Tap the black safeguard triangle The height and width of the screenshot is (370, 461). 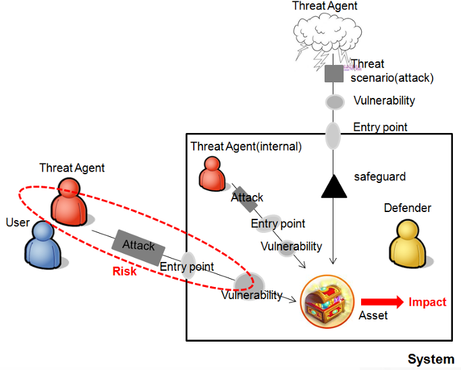click(x=333, y=187)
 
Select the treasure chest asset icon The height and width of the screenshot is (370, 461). click(x=327, y=302)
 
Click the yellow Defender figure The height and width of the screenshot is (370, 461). click(x=408, y=244)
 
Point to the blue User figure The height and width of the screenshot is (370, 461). click(x=43, y=245)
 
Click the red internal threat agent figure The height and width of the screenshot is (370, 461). click(x=212, y=174)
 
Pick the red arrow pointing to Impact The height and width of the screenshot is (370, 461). click(x=382, y=302)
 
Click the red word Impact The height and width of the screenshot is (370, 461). click(x=427, y=302)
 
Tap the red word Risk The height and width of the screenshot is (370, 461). click(x=125, y=271)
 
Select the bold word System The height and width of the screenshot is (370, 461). click(x=431, y=359)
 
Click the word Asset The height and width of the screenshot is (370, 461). click(x=373, y=315)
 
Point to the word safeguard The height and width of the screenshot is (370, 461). click(x=379, y=176)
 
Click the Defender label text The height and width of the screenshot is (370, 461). click(x=408, y=208)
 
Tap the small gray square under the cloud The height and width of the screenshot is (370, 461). click(x=334, y=74)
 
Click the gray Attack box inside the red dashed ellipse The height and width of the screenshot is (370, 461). click(x=138, y=247)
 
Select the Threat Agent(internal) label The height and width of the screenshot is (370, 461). click(x=246, y=147)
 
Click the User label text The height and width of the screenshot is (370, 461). click(x=18, y=222)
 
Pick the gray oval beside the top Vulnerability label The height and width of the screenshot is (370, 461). click(x=335, y=102)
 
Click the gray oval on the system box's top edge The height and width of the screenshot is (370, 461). click(x=333, y=136)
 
